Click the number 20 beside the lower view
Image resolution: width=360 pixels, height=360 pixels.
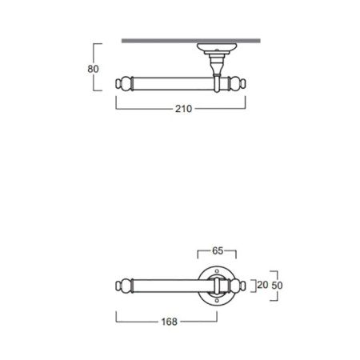[x=260, y=283]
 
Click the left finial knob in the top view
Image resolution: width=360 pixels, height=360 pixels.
[x=124, y=82]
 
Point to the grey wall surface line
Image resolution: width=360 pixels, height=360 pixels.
[x=192, y=39]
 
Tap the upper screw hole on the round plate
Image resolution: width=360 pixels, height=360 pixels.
[x=216, y=269]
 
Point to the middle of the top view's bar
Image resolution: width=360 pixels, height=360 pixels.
[x=172, y=82]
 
